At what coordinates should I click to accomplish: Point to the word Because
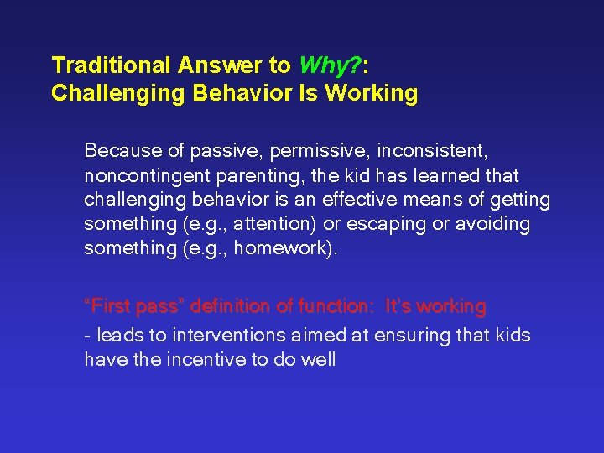(122, 152)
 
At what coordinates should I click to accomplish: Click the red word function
(339, 307)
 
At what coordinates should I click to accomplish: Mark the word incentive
(189, 360)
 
